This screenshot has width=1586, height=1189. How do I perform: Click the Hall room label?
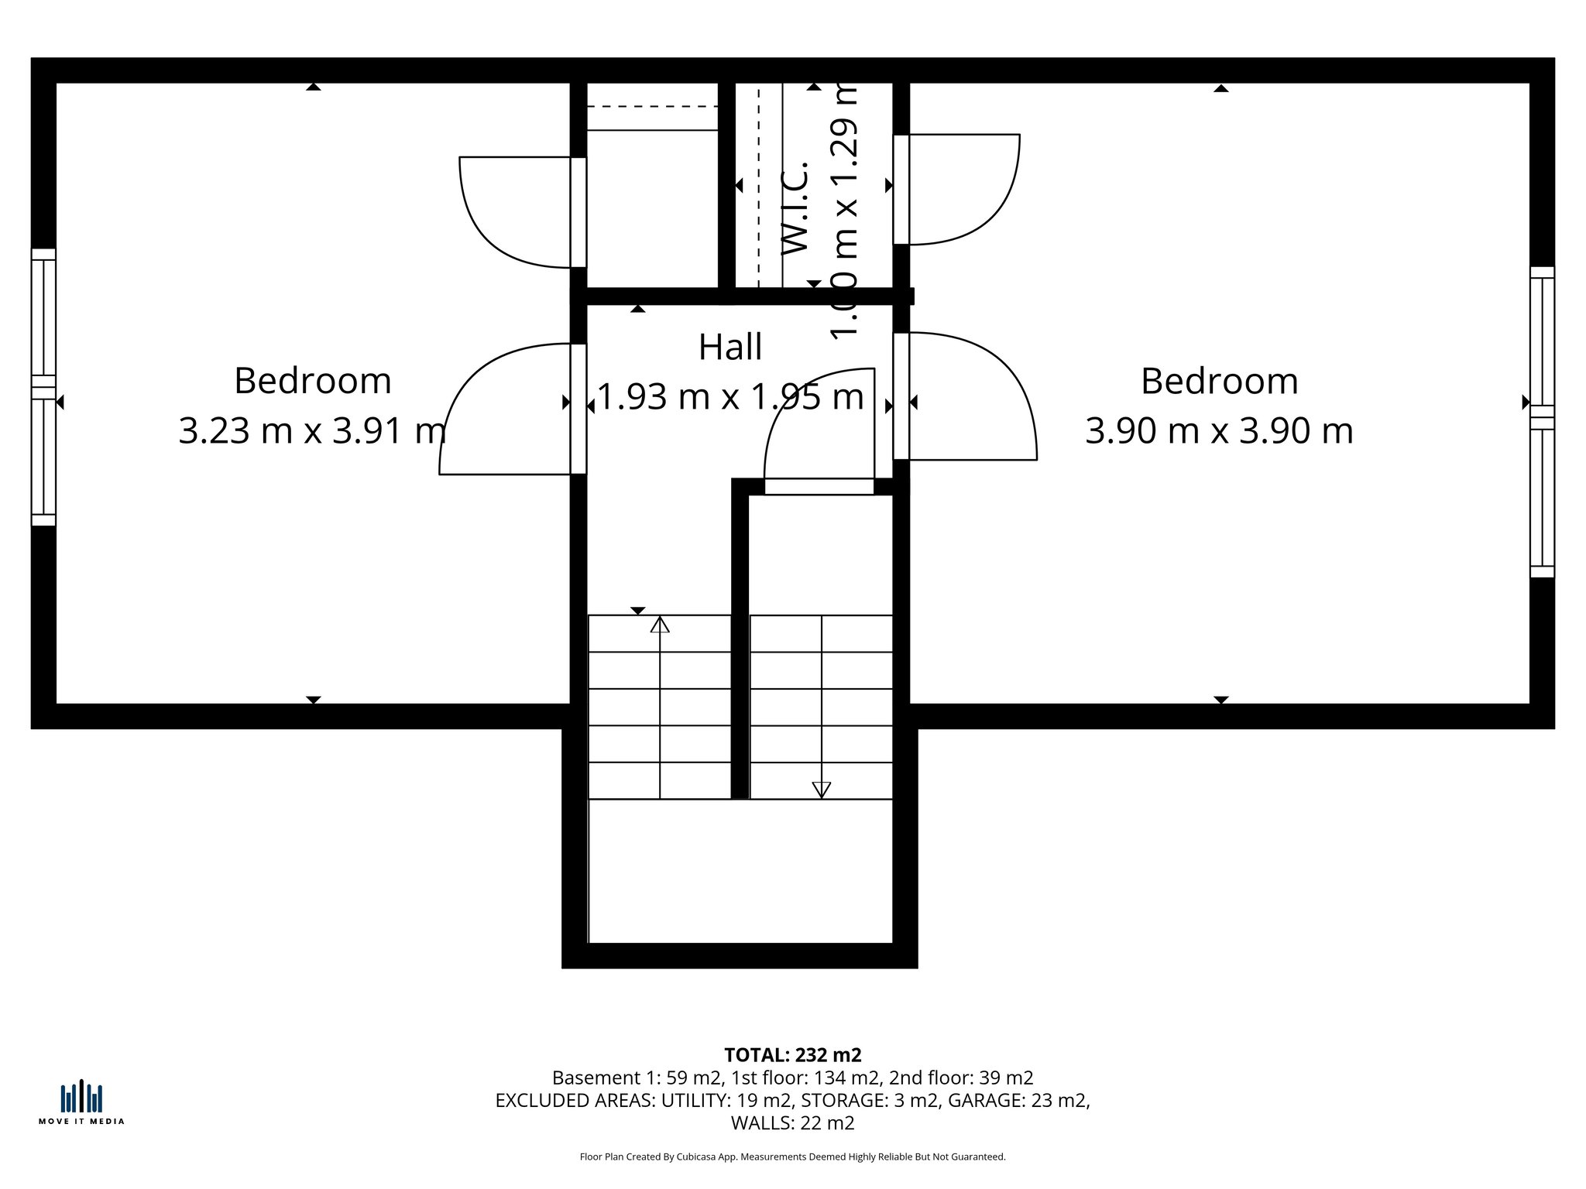click(729, 348)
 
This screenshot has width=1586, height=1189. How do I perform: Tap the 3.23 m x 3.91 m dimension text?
click(312, 430)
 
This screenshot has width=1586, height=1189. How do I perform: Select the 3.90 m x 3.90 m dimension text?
click(1219, 430)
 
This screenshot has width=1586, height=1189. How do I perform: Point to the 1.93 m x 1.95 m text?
click(729, 397)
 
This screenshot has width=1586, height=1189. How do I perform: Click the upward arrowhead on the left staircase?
click(660, 625)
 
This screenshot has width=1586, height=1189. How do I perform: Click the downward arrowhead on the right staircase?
click(821, 790)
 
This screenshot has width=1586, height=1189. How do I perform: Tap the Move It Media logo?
click(81, 1102)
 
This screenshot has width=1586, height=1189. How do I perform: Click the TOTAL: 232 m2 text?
click(792, 1055)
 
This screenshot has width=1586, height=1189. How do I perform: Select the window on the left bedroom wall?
click(43, 387)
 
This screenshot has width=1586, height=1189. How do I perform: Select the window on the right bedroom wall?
click(1542, 422)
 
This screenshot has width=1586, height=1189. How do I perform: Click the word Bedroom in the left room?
click(312, 381)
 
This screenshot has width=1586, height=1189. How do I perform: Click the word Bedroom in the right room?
click(1219, 381)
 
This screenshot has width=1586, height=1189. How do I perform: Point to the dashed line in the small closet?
click(653, 106)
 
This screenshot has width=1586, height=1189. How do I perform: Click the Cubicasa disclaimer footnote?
click(792, 1156)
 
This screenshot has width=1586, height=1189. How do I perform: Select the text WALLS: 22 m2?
click(792, 1122)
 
